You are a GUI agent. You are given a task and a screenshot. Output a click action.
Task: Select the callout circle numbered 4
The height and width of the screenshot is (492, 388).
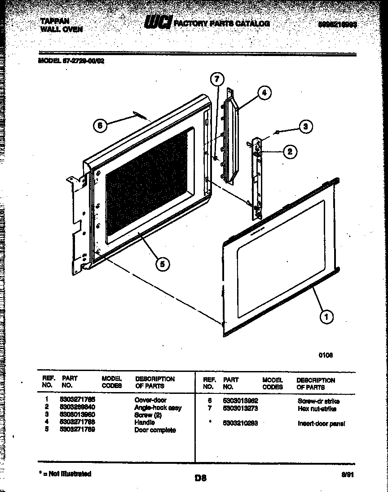[264, 93]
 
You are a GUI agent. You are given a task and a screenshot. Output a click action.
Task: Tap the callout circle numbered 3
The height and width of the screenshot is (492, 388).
[305, 127]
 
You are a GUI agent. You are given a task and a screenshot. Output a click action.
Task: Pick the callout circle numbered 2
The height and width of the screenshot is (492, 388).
[290, 152]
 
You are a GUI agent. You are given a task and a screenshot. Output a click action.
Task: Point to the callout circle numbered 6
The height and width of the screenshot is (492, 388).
[100, 125]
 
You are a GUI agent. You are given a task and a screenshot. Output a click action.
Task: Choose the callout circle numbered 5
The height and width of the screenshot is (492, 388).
[162, 264]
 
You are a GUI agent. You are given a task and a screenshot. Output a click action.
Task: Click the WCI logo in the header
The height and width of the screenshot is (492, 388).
[157, 23]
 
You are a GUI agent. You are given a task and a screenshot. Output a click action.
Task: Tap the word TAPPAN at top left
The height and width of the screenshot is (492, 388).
[55, 21]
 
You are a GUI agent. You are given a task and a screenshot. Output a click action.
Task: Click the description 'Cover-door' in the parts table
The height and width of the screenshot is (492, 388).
[150, 400]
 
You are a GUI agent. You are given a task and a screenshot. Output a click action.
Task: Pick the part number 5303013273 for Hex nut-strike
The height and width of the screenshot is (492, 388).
[240, 409]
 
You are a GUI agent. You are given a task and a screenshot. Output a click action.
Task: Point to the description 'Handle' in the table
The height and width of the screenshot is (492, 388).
[145, 422]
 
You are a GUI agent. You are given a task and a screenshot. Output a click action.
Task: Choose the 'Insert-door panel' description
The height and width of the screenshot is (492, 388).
[318, 423]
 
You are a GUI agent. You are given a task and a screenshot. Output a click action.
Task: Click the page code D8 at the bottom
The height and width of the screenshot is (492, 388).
[200, 478]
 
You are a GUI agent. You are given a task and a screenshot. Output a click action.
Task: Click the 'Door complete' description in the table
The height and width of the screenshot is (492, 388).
[155, 430]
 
